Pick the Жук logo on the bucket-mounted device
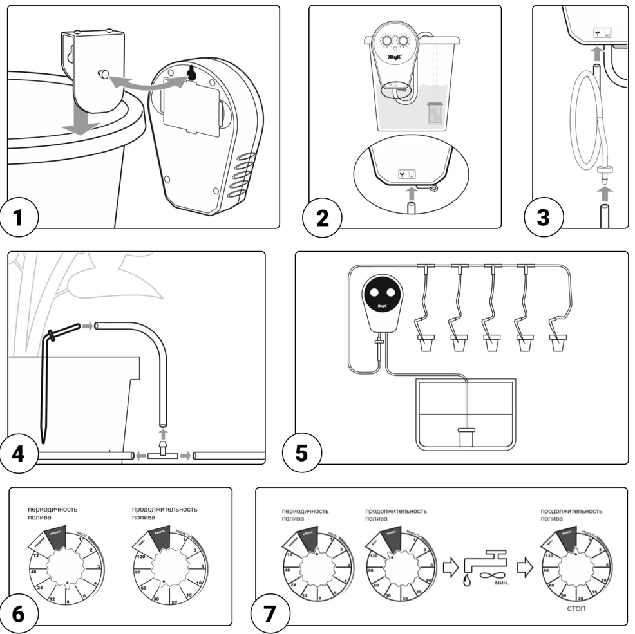click(x=393, y=57)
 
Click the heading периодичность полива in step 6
click(x=52, y=513)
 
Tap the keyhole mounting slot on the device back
click(x=191, y=75)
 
